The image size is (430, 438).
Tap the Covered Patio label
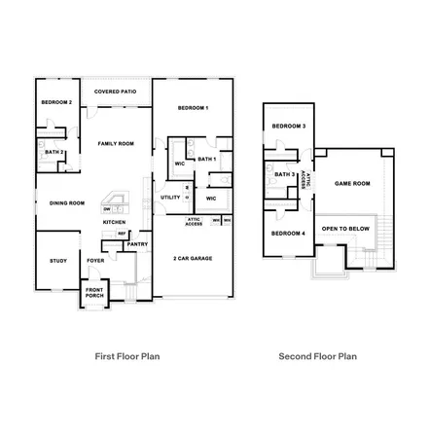[x=115, y=91]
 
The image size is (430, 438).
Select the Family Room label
[x=115, y=143]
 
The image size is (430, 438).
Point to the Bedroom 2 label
[x=56, y=101]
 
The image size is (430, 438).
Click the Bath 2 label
[x=54, y=152]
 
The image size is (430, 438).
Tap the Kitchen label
[x=115, y=222]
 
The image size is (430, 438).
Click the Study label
[x=57, y=261]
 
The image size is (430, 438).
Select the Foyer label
[x=95, y=261]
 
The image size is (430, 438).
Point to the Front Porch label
[x=94, y=293]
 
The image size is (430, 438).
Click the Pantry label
[x=137, y=244]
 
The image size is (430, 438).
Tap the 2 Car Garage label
[x=194, y=258]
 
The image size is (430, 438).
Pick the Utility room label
[x=169, y=198]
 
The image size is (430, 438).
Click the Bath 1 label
[x=206, y=159]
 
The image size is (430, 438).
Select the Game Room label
[x=352, y=183]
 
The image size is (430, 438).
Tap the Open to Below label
[x=345, y=228]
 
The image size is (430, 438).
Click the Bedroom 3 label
[x=289, y=127]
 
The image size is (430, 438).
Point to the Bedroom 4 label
[x=289, y=234]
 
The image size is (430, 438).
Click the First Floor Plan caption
[x=126, y=357]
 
